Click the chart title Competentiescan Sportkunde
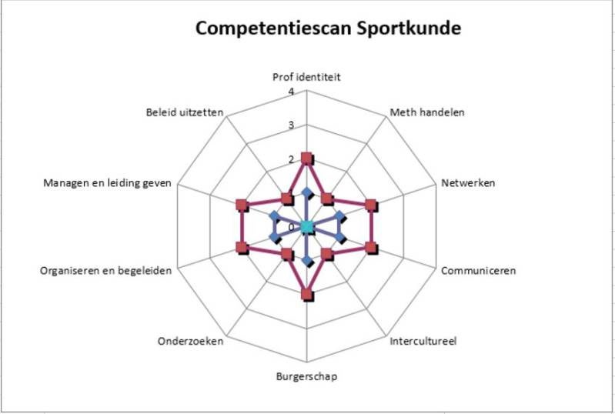point(328,29)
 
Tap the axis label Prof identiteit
point(306,77)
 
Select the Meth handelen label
point(427,112)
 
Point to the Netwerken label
point(467,183)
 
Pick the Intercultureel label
point(423,341)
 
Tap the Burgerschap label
point(306,376)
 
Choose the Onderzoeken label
point(190,341)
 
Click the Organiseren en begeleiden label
point(105,271)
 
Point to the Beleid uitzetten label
point(185,112)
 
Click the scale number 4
point(291,92)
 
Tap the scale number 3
point(291,126)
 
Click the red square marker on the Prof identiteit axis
point(307,159)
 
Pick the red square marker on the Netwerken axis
point(371,205)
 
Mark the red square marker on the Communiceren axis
point(371,248)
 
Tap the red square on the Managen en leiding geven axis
point(242,205)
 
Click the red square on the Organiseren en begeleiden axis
point(242,248)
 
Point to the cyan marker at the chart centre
point(307,227)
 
